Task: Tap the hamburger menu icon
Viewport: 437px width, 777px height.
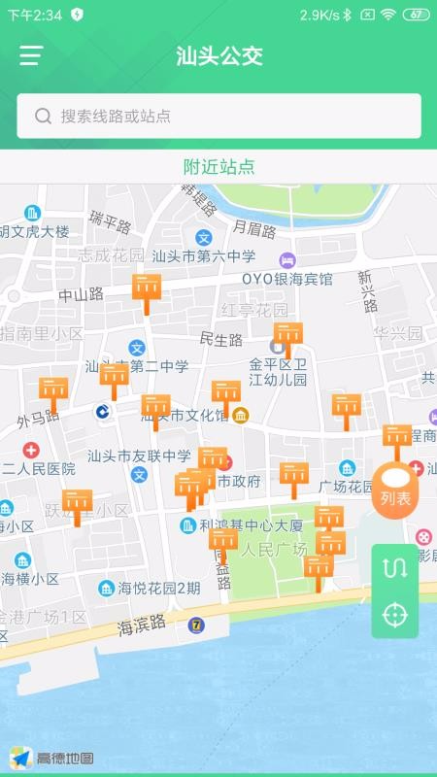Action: (31, 55)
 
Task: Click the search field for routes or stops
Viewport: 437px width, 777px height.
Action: (218, 116)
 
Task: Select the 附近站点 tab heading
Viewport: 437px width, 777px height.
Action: (219, 166)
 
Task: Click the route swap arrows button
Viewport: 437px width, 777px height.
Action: (395, 568)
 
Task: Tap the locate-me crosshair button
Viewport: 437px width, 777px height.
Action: (395, 615)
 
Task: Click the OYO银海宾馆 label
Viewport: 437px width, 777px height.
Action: (287, 279)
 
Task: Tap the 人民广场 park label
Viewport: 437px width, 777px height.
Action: (274, 550)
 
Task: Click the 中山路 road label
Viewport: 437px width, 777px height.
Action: (81, 294)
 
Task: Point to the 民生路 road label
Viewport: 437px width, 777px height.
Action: (220, 340)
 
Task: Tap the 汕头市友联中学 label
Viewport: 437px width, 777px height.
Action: (139, 456)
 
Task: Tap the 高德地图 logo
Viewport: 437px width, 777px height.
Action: (53, 758)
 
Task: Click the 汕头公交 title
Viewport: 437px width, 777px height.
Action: (219, 55)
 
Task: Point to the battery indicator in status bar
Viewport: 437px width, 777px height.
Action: (416, 15)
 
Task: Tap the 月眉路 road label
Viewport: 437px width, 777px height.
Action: (254, 230)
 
